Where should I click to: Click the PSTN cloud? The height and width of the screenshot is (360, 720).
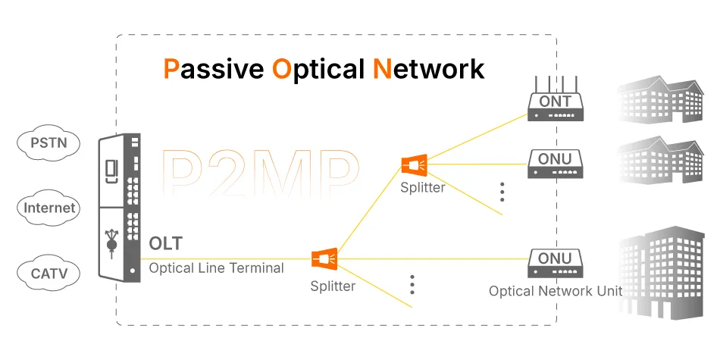(49, 142)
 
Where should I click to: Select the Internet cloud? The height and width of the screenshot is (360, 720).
(49, 208)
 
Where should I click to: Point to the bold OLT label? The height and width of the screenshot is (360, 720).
(165, 244)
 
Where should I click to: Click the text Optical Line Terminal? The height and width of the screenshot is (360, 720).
(216, 268)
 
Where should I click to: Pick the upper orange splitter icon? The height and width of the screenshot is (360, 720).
(415, 164)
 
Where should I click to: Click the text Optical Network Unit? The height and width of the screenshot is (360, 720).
(555, 291)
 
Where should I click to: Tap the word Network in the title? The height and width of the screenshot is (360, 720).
(428, 69)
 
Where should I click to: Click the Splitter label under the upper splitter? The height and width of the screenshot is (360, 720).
(423, 186)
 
